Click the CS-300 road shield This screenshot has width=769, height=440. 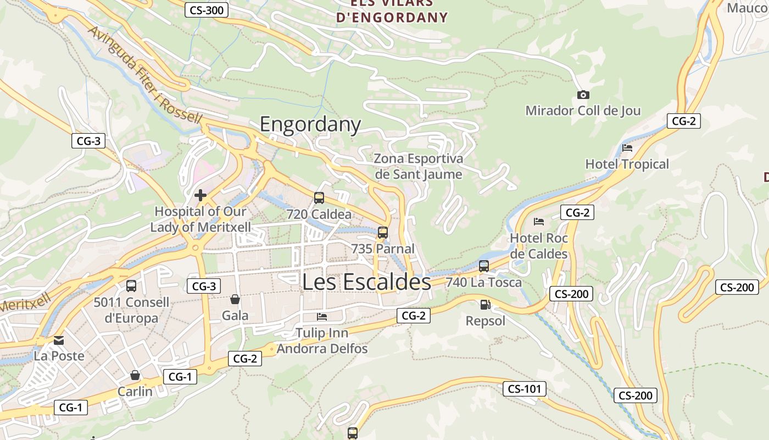[206, 9]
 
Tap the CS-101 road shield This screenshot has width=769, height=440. [525, 389]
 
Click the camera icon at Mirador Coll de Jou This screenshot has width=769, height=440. [583, 95]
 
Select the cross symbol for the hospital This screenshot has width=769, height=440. [200, 195]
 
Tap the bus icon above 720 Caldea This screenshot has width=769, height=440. [319, 198]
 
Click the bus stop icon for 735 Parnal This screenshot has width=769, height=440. [383, 233]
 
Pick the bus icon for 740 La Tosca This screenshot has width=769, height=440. [484, 266]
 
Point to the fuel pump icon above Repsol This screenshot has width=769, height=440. [485, 305]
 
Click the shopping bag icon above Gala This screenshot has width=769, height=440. [235, 299]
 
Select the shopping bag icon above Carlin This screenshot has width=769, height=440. [135, 375]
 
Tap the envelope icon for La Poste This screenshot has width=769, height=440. [59, 340]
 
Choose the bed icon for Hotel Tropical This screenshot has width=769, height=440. [627, 148]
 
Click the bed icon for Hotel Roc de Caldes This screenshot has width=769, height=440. [539, 222]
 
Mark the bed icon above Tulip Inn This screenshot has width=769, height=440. [322, 317]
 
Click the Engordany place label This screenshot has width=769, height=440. [310, 124]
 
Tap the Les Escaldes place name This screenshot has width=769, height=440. [366, 282]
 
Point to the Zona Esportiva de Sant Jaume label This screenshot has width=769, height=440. [419, 166]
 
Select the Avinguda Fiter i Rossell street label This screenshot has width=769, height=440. [145, 75]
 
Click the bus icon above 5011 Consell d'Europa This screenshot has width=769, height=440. [131, 286]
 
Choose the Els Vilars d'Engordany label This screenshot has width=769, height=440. [392, 11]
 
